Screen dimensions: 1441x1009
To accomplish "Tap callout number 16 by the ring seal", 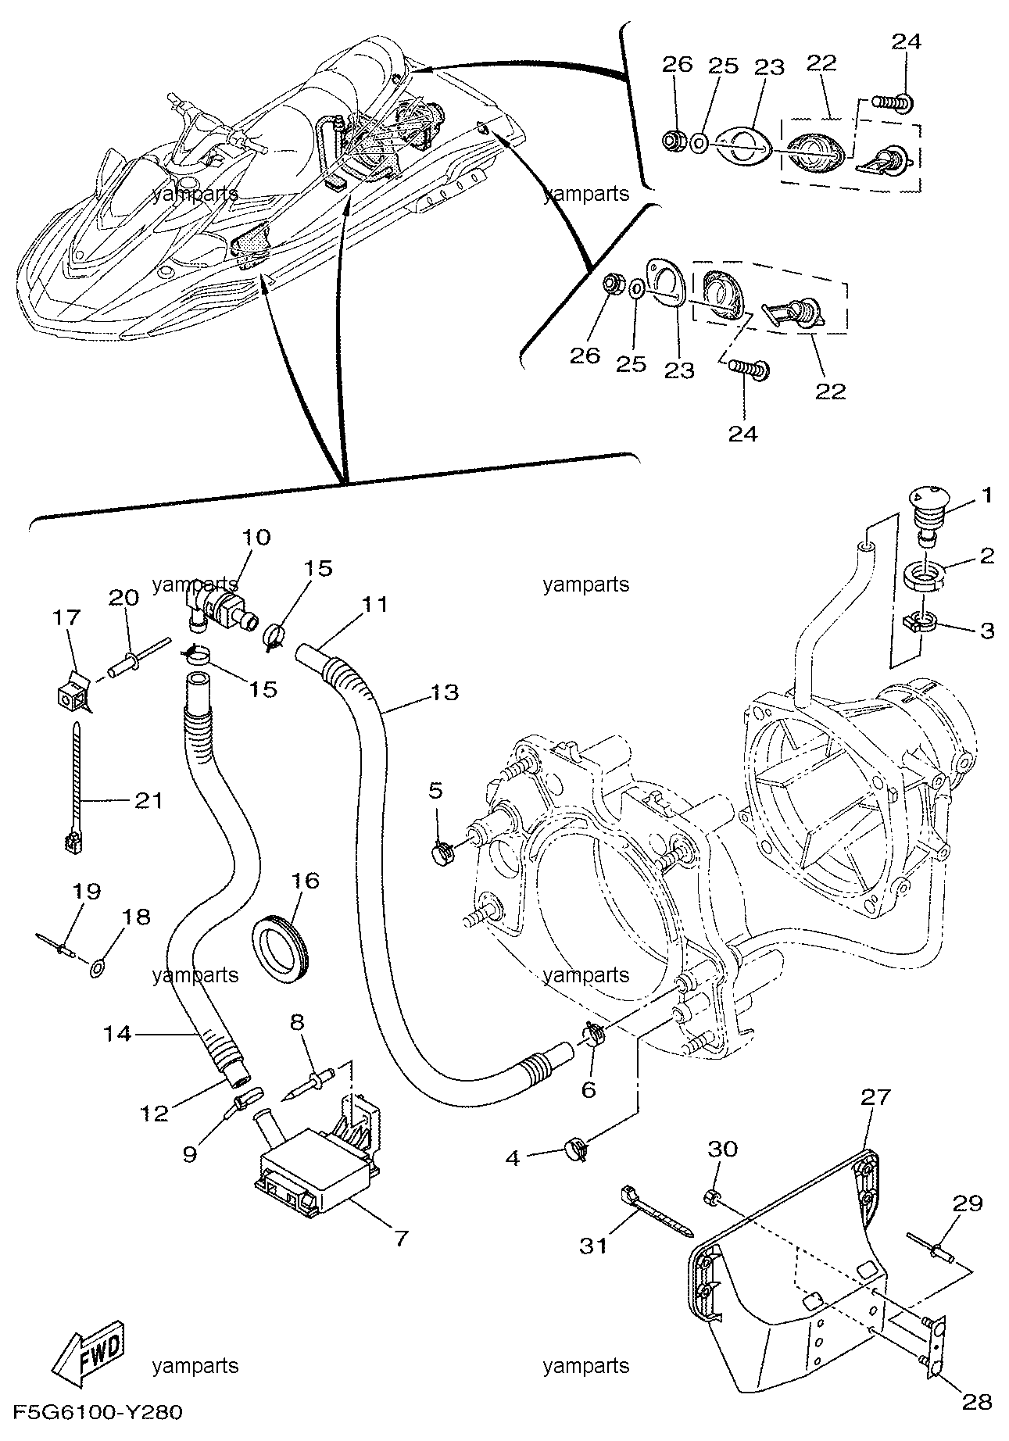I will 306,881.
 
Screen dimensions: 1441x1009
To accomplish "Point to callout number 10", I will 256,537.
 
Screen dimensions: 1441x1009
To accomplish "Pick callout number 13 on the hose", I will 444,692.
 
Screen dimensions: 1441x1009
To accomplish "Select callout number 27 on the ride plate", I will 875,1097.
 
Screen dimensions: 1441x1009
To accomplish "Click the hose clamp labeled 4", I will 575,1149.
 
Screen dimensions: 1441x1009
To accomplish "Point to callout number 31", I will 593,1246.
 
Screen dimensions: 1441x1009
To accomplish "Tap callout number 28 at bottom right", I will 978,1402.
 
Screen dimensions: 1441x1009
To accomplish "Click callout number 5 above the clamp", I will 435,790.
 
